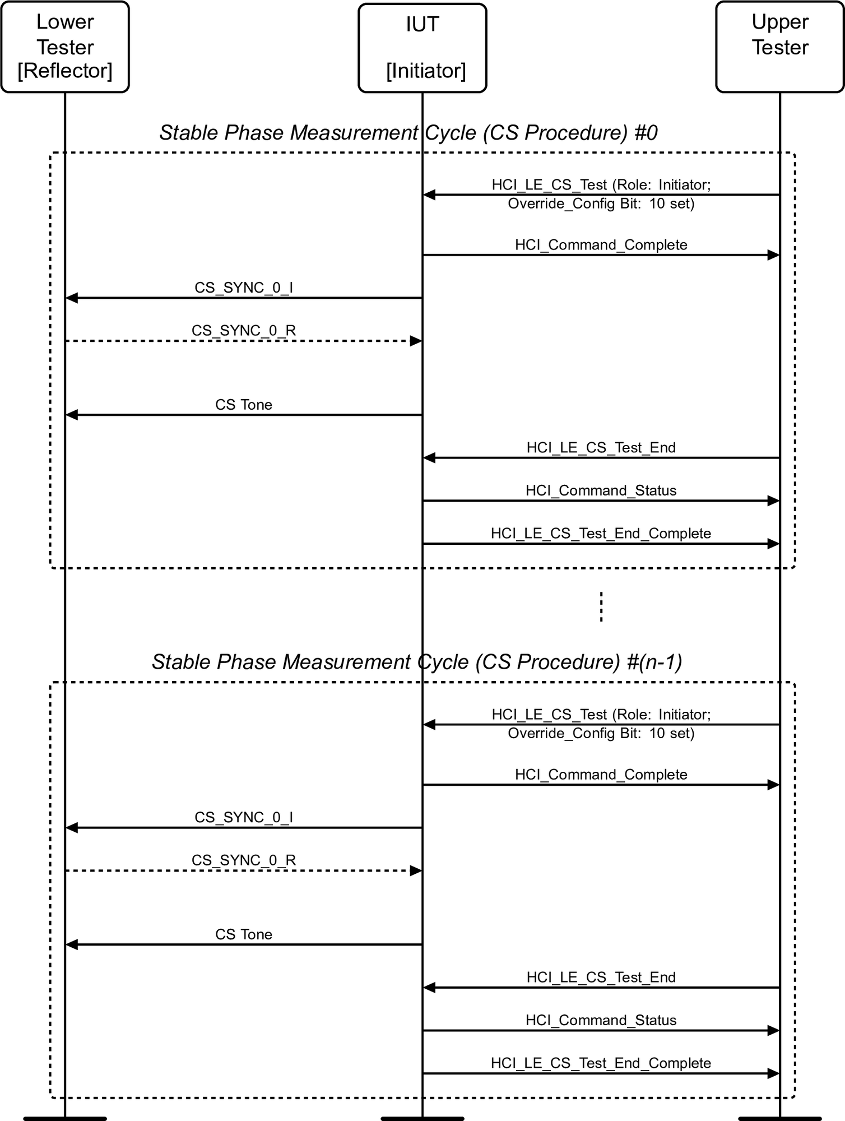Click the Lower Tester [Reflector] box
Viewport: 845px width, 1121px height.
(x=65, y=47)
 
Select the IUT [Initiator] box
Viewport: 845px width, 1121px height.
(x=422, y=48)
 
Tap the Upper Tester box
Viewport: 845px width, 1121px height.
(x=779, y=47)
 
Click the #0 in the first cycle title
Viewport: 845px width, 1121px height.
(x=646, y=133)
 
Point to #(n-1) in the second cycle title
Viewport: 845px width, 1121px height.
(x=654, y=662)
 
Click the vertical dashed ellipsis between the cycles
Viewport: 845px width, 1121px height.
(x=601, y=607)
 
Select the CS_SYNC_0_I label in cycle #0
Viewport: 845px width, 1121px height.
(x=244, y=288)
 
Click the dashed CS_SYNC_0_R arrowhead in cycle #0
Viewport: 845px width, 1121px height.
(x=416, y=341)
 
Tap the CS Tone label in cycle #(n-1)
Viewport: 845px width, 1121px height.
(x=244, y=934)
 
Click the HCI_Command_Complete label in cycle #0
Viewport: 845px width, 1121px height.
(x=601, y=245)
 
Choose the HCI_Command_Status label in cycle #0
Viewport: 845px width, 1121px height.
(x=601, y=490)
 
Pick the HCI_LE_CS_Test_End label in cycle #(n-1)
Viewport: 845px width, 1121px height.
(x=601, y=978)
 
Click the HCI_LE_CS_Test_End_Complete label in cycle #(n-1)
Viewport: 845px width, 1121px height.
(x=601, y=1063)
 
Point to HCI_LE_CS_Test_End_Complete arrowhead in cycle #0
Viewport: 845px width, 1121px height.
(x=773, y=544)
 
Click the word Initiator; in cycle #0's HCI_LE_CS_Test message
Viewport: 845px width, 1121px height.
(x=684, y=185)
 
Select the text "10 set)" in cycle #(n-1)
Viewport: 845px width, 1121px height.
(x=672, y=733)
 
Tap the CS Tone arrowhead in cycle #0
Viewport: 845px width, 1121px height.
(x=72, y=415)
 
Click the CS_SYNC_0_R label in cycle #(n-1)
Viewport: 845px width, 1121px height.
(x=244, y=860)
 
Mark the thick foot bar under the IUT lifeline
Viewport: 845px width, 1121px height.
(x=422, y=1118)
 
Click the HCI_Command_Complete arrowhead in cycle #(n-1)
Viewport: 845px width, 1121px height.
(x=773, y=785)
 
